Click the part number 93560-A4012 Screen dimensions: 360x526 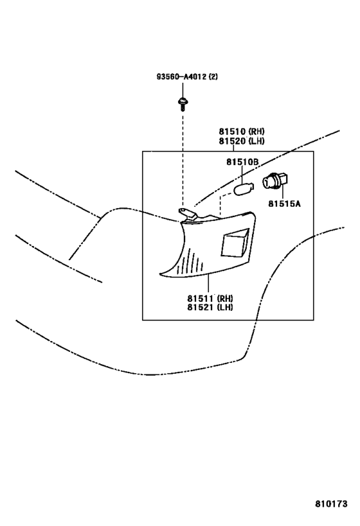[x=182, y=77]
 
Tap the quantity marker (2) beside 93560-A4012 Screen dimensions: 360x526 [x=213, y=77]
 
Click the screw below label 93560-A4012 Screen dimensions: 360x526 [x=183, y=104]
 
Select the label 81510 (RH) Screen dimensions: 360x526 [x=242, y=131]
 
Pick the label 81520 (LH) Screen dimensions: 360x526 [x=242, y=141]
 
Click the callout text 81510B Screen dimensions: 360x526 [x=242, y=162]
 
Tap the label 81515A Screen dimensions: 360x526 [x=284, y=204]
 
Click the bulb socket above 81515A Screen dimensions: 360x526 [x=276, y=182]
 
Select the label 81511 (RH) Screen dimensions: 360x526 [x=210, y=298]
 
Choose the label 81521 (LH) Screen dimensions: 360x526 [x=210, y=307]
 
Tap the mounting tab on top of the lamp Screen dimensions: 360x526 [x=186, y=214]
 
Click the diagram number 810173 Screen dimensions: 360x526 [x=331, y=504]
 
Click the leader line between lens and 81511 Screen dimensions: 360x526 [x=208, y=283]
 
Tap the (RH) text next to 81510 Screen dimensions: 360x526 [x=256, y=131]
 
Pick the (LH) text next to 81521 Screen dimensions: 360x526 [x=224, y=307]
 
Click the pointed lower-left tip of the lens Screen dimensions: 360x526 [x=160, y=275]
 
